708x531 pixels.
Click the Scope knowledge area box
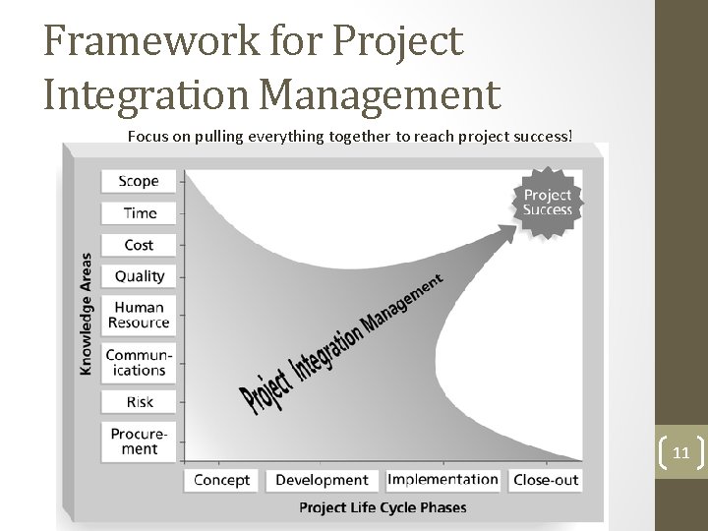click(139, 181)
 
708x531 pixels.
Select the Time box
click(139, 212)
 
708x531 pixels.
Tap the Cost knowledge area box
click(139, 245)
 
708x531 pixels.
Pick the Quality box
click(139, 276)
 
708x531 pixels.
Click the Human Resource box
click(139, 315)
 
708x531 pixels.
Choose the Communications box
click(139, 362)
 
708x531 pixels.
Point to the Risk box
click(139, 401)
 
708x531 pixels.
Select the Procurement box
click(139, 441)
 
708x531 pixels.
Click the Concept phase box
click(221, 480)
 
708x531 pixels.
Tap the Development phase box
click(323, 480)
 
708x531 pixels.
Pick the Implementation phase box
click(442, 480)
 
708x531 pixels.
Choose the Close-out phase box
click(545, 480)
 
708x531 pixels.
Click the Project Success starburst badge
click(547, 202)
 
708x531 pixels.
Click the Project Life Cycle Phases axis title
click(382, 508)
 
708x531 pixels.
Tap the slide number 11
click(680, 454)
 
